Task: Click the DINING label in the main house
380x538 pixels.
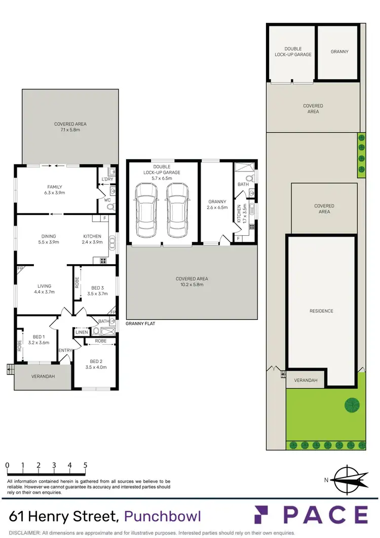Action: (49, 236)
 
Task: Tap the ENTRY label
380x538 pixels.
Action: (65, 350)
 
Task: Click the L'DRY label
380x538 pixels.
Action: (107, 180)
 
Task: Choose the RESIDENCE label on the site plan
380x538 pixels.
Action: (322, 311)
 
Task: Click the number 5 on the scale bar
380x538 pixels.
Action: (85, 464)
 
